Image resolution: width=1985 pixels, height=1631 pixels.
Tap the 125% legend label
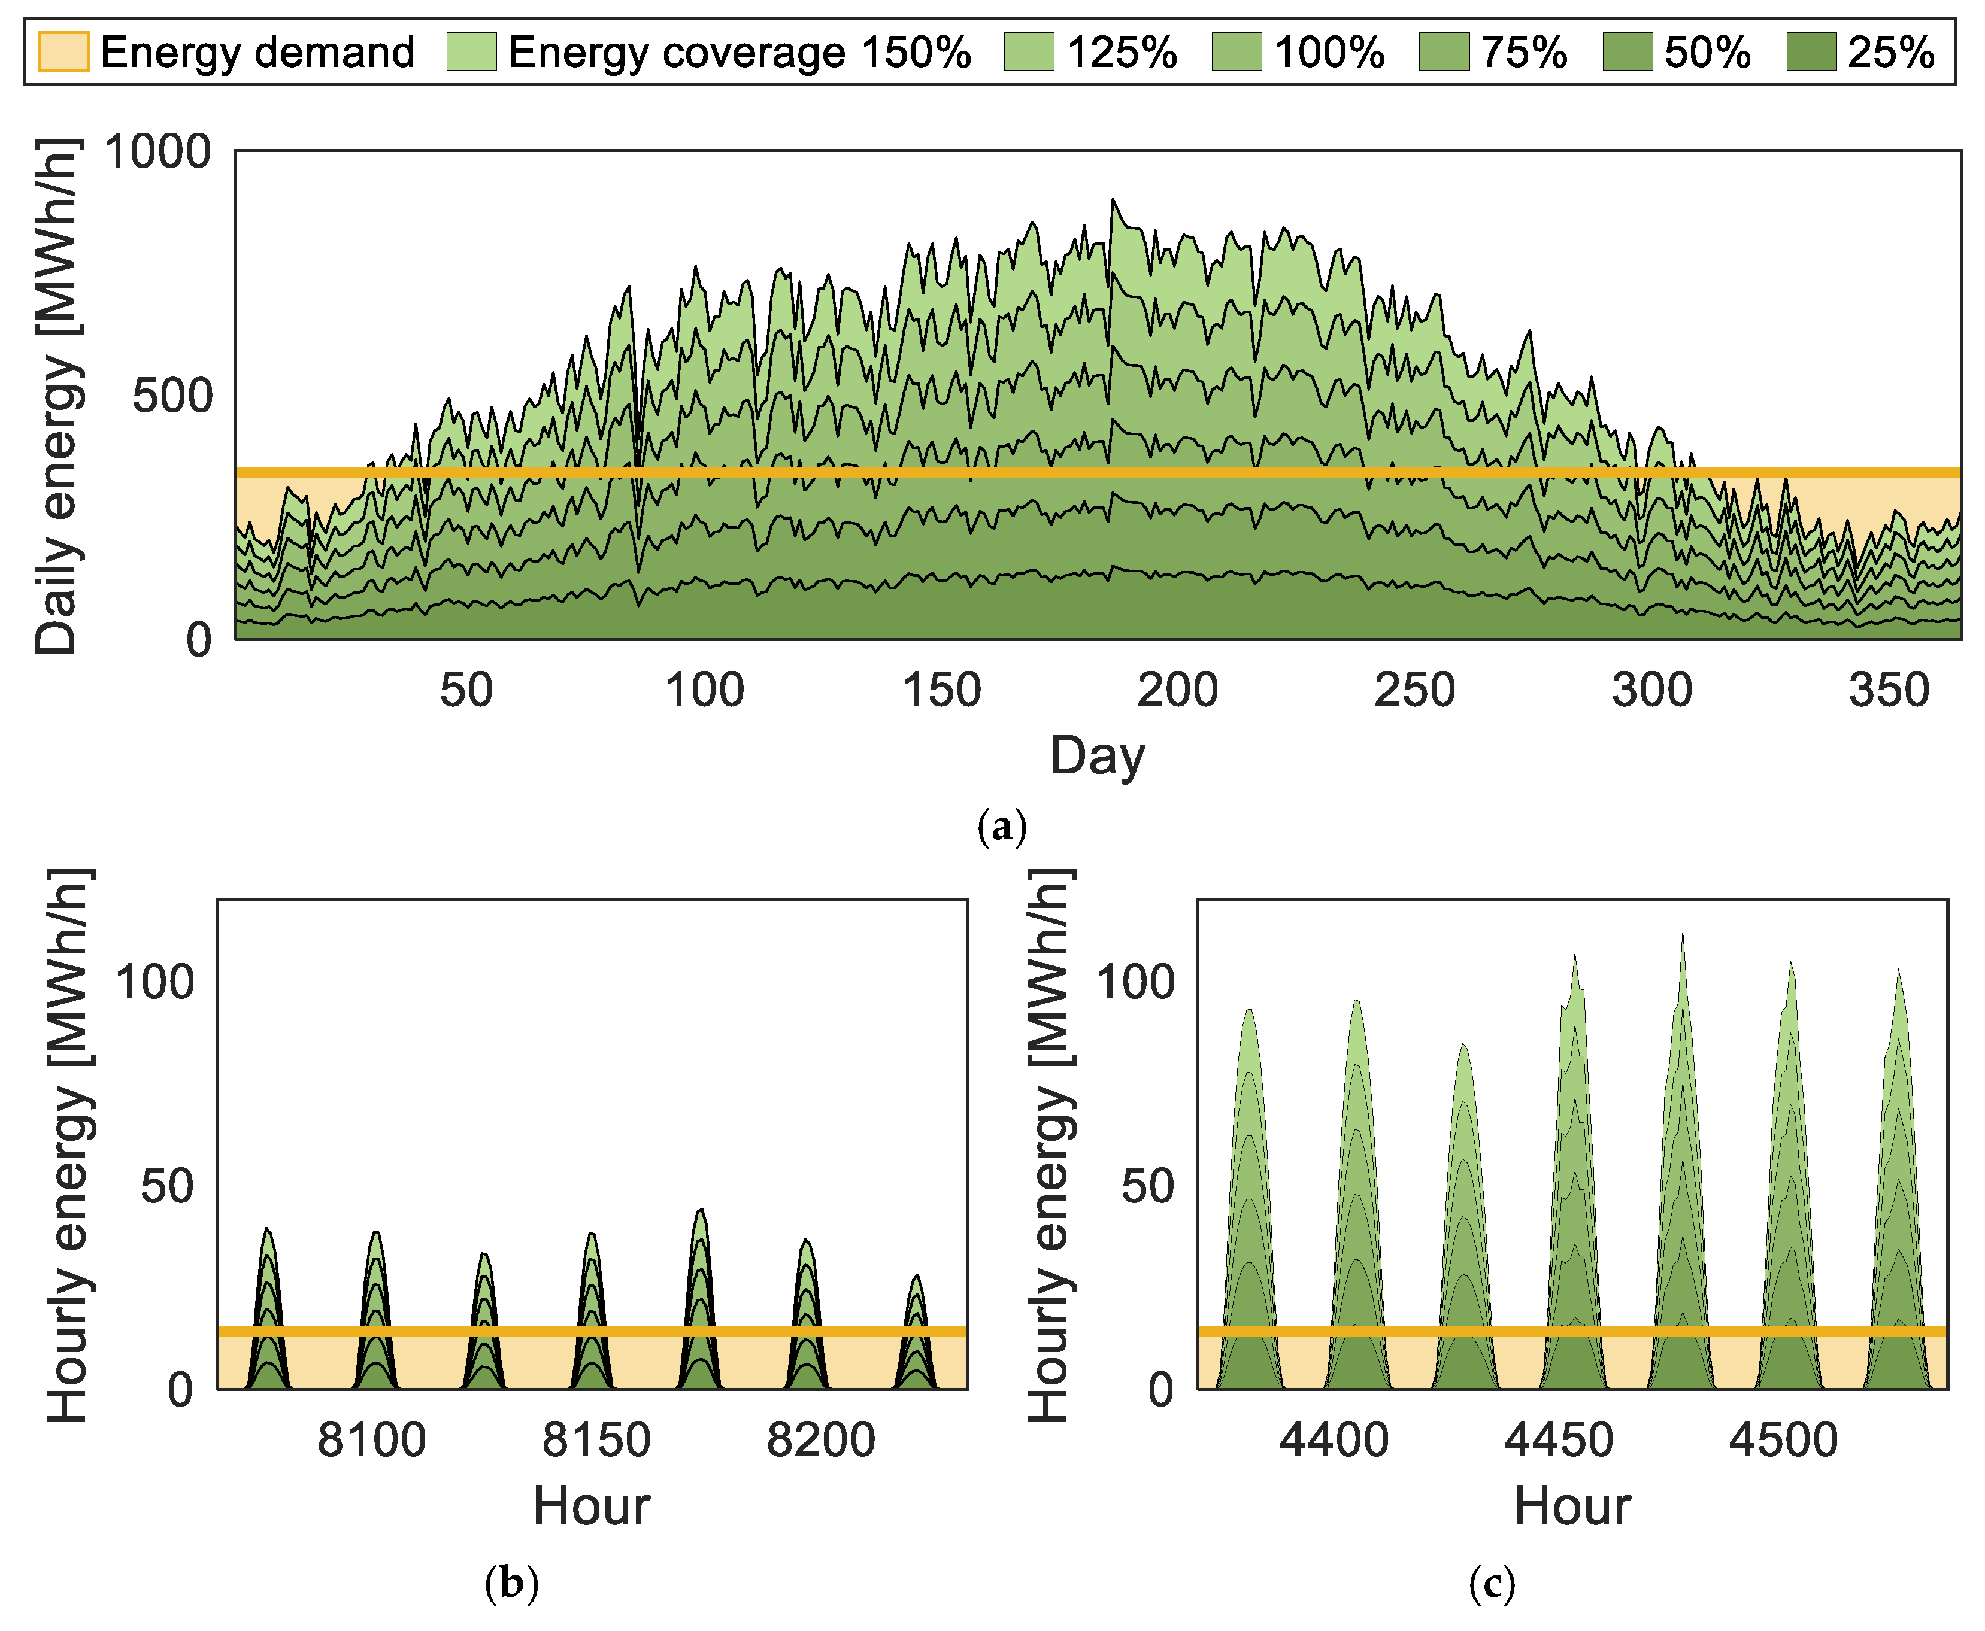coord(1122,51)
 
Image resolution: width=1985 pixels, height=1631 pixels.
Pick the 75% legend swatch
coord(1444,51)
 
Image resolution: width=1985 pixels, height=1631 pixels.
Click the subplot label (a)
coord(1002,827)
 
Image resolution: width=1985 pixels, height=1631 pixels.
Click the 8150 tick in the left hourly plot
coord(596,1440)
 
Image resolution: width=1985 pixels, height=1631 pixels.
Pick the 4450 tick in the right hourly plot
coord(1558,1440)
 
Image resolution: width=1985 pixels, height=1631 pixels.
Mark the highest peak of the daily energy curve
coord(1113,199)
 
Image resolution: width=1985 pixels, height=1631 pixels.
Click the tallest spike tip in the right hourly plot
coord(1681,931)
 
